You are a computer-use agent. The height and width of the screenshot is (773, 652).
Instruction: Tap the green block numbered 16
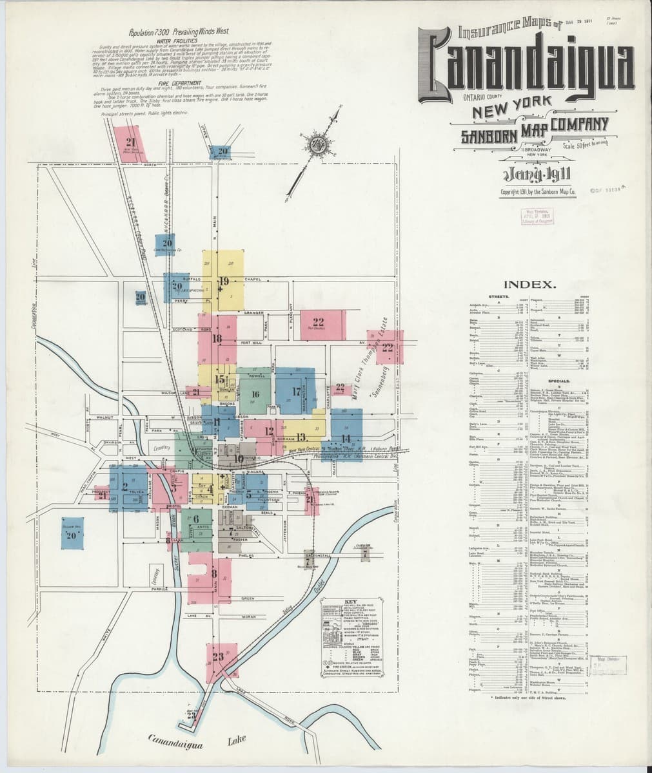click(x=255, y=394)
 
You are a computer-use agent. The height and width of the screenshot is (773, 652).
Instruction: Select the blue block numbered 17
click(x=295, y=391)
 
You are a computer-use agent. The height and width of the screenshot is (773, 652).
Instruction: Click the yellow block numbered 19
click(x=224, y=282)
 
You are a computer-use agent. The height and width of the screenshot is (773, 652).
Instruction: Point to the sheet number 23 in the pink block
click(x=217, y=657)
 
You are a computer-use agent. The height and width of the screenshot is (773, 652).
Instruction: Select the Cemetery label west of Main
click(x=161, y=445)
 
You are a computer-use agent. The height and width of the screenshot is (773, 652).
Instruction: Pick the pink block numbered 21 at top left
click(x=131, y=143)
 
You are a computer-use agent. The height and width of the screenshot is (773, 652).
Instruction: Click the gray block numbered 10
click(x=239, y=458)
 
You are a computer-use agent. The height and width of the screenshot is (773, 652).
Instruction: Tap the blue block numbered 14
click(x=346, y=437)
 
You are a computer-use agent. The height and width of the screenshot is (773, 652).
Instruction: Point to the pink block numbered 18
click(x=217, y=339)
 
